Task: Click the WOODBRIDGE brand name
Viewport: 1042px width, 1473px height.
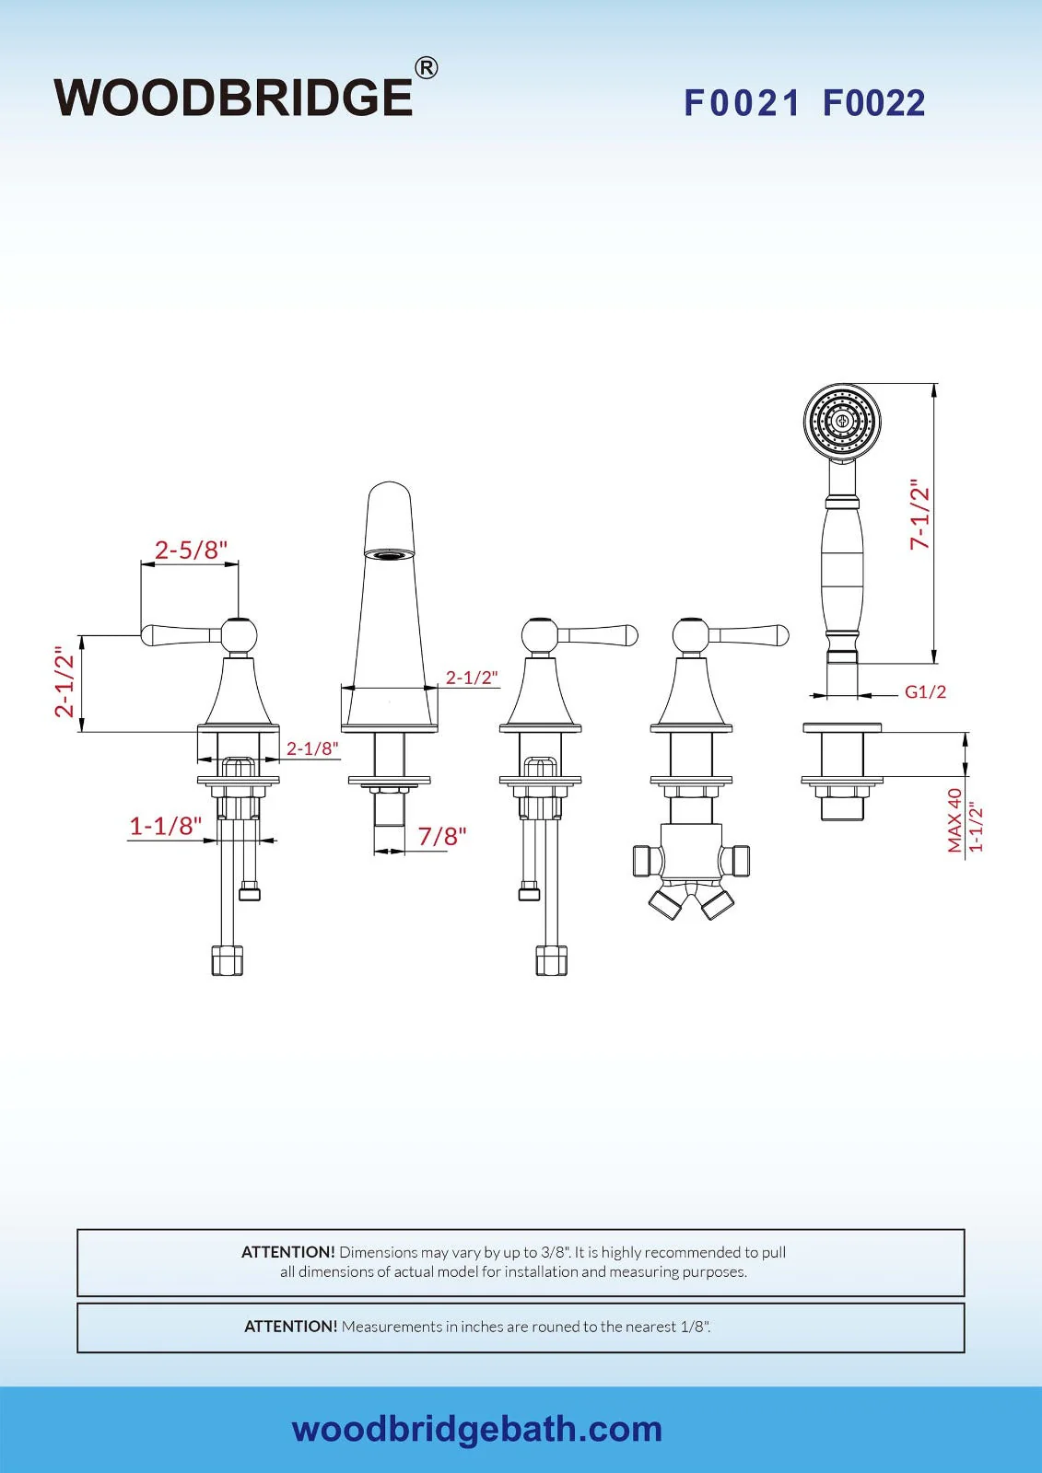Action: pos(234,98)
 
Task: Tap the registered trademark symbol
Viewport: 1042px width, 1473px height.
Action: pos(426,68)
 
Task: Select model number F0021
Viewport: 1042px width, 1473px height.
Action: pos(742,103)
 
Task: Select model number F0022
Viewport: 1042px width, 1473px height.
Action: pos(873,103)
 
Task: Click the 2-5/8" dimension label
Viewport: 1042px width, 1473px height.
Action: pos(191,550)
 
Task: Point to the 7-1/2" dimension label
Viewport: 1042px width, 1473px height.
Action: pos(919,515)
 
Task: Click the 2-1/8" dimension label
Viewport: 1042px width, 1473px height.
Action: pos(312,748)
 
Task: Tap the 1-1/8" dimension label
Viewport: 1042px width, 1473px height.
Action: pos(165,826)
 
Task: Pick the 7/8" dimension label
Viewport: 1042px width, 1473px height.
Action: pos(442,836)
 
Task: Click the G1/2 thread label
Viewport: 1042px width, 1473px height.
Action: pos(925,691)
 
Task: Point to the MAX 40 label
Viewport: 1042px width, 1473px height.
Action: pos(954,819)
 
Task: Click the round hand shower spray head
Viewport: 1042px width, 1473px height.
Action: pos(842,422)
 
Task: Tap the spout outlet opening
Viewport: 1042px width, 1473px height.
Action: pos(389,554)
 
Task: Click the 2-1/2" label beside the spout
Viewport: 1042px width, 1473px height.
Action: pos(472,678)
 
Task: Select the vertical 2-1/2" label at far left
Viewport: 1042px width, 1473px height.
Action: pos(64,681)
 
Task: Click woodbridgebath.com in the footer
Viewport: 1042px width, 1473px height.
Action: pos(476,1429)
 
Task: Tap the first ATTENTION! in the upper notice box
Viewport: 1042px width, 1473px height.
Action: pos(287,1252)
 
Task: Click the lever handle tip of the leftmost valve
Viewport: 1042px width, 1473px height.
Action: pos(148,633)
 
